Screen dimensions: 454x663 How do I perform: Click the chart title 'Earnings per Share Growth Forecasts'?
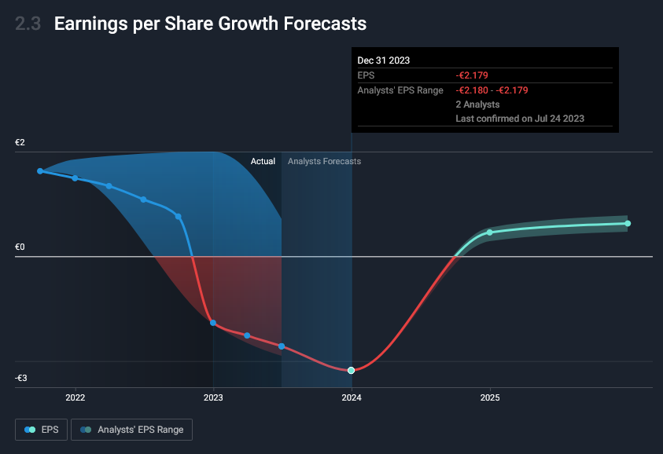pos(210,24)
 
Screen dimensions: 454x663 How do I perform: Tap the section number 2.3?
pos(28,24)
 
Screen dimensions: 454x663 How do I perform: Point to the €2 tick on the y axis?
pos(20,143)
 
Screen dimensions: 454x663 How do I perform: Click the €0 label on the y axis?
pos(20,247)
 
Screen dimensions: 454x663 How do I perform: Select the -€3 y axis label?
pos(21,379)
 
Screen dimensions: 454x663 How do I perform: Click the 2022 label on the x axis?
pos(76,397)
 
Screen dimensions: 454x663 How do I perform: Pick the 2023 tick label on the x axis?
pos(213,397)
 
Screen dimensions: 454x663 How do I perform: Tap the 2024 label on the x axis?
pos(352,397)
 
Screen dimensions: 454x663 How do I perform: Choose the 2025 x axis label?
pos(490,397)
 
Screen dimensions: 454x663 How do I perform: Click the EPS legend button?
pos(41,430)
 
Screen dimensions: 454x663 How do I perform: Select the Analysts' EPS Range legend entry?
pos(131,430)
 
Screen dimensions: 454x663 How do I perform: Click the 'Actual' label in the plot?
pos(263,161)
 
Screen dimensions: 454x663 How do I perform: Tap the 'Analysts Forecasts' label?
pos(324,161)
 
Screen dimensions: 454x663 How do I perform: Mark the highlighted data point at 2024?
pos(352,370)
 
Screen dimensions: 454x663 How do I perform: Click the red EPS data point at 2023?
pos(213,323)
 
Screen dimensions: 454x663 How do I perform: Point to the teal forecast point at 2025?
pos(490,232)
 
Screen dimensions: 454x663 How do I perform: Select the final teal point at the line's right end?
pos(628,223)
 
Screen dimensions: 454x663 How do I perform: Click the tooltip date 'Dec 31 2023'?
pos(384,60)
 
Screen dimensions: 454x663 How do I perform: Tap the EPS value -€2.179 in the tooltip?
pos(472,75)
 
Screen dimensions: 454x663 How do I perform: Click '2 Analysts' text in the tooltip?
pos(477,104)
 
